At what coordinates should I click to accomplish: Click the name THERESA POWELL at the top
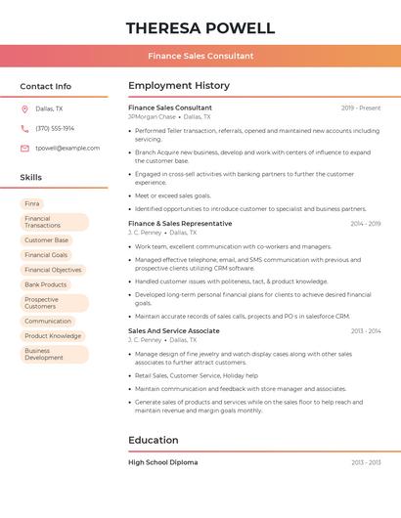pos(200,28)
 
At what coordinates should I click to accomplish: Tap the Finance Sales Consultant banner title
pos(200,56)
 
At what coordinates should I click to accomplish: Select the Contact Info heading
pos(45,86)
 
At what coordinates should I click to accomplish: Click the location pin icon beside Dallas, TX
pos(24,108)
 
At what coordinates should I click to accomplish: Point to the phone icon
pos(24,128)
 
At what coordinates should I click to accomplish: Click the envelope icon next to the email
pos(24,148)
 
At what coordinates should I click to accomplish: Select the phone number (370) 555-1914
pos(55,128)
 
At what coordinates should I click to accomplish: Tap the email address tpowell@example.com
pos(67,148)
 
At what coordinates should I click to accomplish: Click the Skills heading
pos(31,177)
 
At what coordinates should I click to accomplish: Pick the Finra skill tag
pos(32,203)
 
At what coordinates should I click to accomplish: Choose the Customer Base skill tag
pos(46,239)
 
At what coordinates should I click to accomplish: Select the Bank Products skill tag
pos(45,284)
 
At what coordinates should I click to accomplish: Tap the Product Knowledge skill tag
pos(53,335)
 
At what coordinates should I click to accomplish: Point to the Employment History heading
pos(179,86)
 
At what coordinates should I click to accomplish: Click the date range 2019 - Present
pos(361,108)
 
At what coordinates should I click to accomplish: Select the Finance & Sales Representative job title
pos(180,224)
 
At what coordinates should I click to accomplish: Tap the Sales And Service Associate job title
pos(174,330)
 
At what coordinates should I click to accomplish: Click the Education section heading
pos(154,440)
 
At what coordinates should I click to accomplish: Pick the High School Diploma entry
pos(162,461)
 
